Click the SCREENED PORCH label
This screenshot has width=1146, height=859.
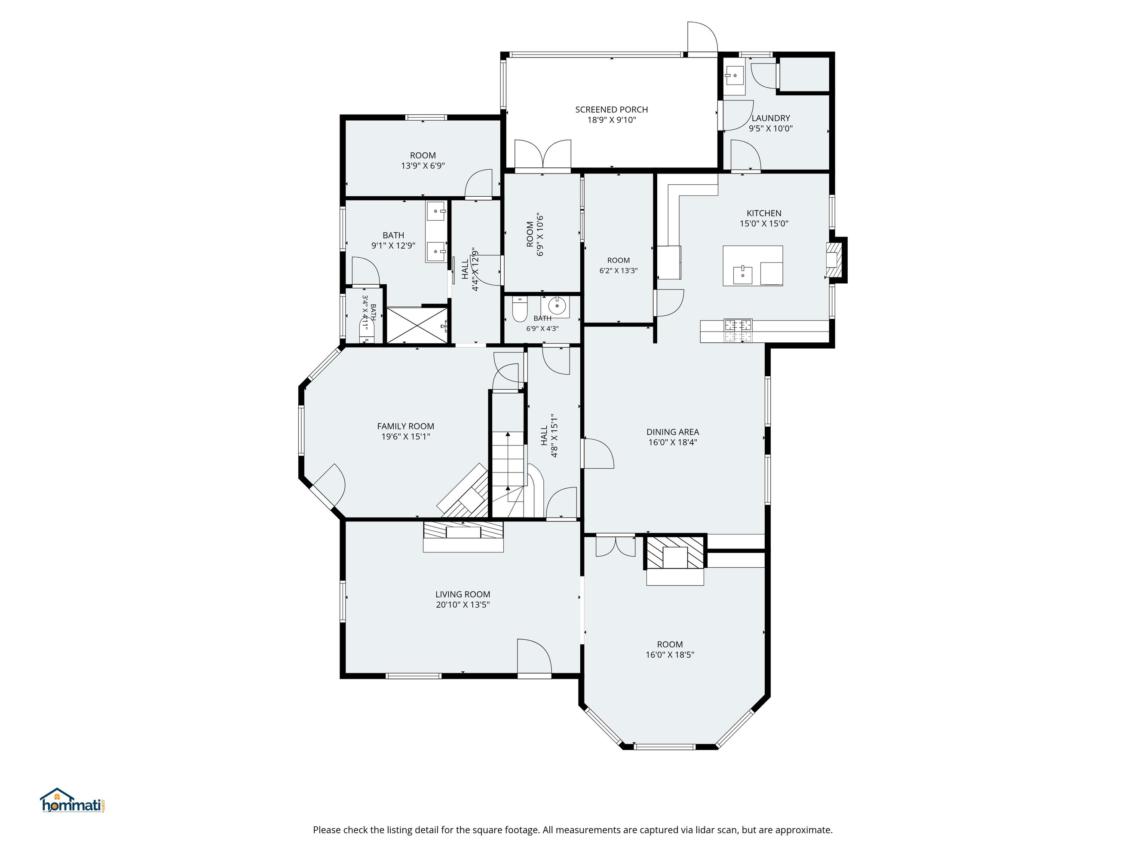pos(611,110)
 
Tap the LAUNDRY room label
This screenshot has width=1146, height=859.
pos(770,118)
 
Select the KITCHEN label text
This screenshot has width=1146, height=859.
pos(764,213)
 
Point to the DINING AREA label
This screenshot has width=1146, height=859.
pos(672,432)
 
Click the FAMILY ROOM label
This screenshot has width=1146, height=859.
pos(406,426)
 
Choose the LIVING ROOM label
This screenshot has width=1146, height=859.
pos(463,594)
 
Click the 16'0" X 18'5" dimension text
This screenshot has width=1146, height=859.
pos(669,655)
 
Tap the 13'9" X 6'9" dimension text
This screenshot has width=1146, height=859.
pos(423,166)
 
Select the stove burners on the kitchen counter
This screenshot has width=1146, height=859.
pos(738,330)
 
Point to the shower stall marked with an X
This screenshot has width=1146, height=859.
pos(417,325)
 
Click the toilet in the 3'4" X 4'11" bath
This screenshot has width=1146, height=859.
pos(366,331)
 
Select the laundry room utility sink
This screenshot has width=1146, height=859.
pos(735,76)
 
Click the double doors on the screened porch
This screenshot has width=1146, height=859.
pos(542,154)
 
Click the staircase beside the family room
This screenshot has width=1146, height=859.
pos(508,474)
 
